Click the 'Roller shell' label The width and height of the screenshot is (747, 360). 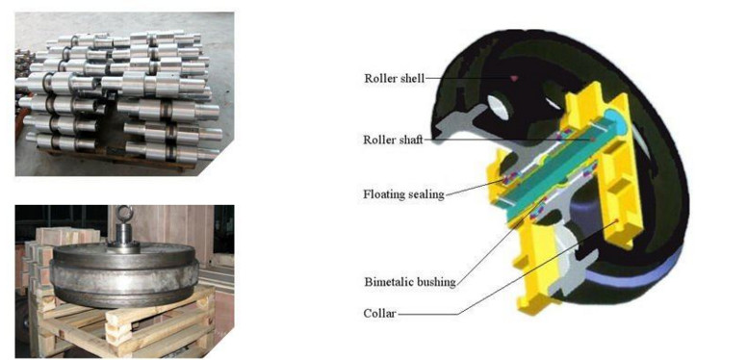[x=394, y=79]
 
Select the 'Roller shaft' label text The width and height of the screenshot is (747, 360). [x=393, y=141]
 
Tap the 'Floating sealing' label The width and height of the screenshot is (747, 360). [x=404, y=194]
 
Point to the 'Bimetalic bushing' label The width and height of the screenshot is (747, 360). [x=410, y=282]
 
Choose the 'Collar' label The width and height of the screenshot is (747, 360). [x=379, y=315]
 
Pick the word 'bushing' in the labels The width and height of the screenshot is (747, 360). [x=436, y=282]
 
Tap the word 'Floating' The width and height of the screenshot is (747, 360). [x=383, y=194]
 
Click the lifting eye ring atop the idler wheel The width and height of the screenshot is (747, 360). [x=124, y=213]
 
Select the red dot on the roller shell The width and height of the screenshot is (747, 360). [x=513, y=77]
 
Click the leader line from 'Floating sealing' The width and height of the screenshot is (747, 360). [x=475, y=187]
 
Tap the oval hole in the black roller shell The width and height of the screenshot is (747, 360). [x=499, y=106]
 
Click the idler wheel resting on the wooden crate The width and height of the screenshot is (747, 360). [x=124, y=274]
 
